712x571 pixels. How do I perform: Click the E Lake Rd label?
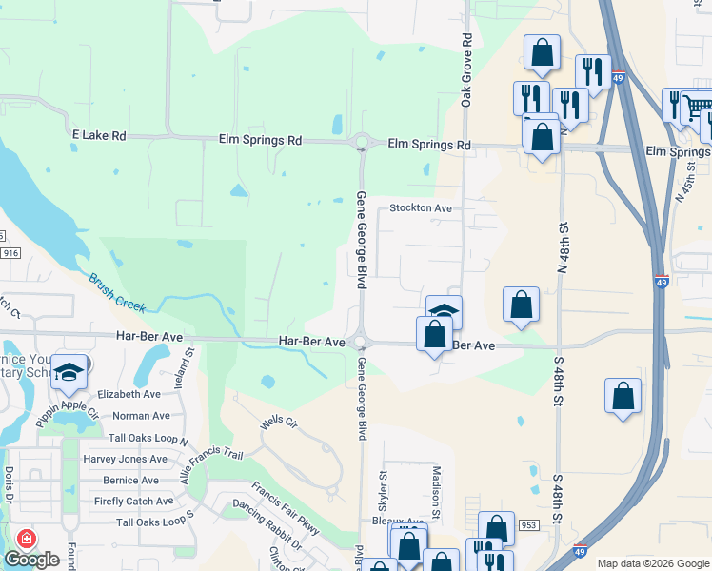click(x=99, y=136)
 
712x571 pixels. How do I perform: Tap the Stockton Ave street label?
click(x=420, y=207)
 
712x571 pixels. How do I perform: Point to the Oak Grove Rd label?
click(x=466, y=57)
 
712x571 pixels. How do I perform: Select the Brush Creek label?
click(x=117, y=293)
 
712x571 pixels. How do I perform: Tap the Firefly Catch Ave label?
click(x=133, y=501)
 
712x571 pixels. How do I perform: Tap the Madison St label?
click(x=436, y=492)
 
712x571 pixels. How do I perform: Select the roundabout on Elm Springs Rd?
click(x=361, y=144)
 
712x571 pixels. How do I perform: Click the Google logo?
click(x=31, y=560)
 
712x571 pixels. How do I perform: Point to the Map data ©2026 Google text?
click(x=652, y=563)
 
